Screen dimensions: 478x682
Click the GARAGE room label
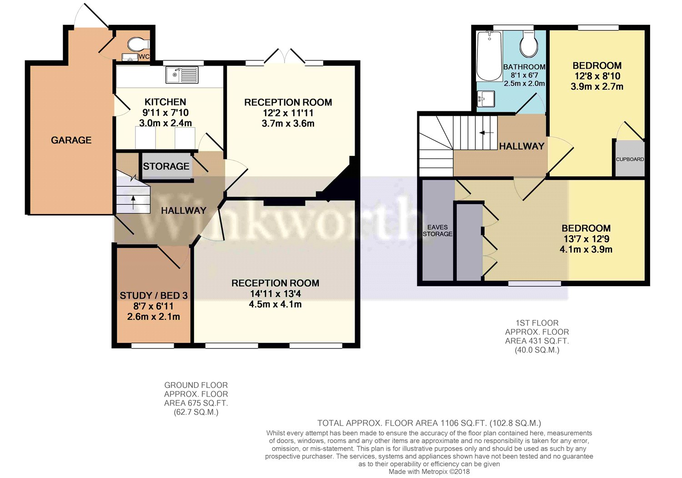tap(71, 140)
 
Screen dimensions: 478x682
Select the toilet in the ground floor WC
tap(138, 45)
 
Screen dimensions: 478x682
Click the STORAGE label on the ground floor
tap(166, 166)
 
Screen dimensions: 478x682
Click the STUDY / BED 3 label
tap(154, 295)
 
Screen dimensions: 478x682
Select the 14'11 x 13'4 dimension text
tap(275, 294)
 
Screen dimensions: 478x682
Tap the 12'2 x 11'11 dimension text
tap(288, 113)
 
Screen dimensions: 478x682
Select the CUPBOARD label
tap(630, 159)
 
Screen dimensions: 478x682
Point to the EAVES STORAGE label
tap(437, 230)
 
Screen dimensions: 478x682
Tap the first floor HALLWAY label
tap(522, 146)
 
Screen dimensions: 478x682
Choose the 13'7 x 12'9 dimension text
tap(586, 239)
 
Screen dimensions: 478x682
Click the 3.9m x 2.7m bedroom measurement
tap(597, 86)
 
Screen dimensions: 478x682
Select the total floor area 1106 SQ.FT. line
tap(429, 423)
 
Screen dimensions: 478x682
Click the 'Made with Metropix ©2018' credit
tap(429, 472)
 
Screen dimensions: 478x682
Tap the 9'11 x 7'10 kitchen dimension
tap(165, 112)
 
